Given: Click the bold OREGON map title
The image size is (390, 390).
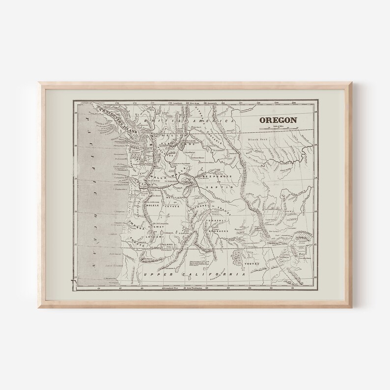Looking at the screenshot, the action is coord(278,119).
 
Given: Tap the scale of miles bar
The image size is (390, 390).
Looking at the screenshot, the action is coord(279,128).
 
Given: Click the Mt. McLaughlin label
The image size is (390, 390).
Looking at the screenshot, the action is coord(161,223).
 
